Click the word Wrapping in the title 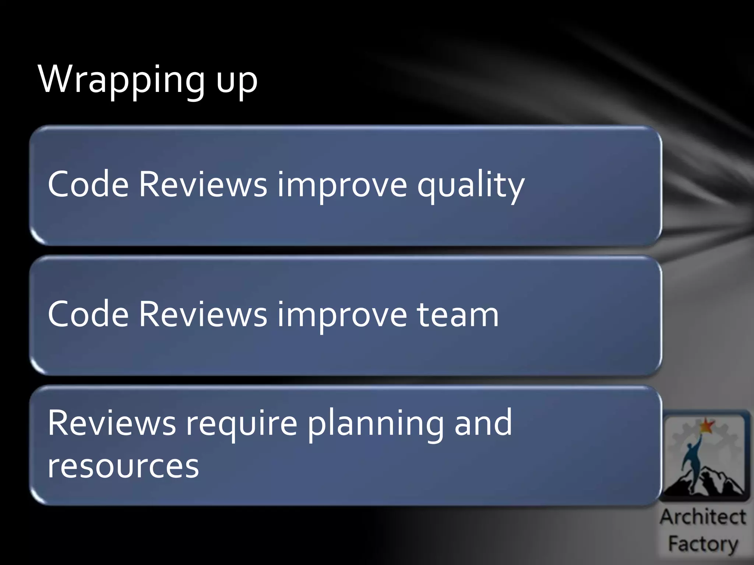click(121, 80)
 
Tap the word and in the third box click(483, 423)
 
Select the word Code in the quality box click(88, 184)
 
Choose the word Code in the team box click(88, 314)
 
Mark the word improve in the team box click(342, 315)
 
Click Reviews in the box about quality click(203, 184)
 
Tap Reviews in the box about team click(203, 314)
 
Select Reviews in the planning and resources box click(112, 423)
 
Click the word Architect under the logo click(702, 517)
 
